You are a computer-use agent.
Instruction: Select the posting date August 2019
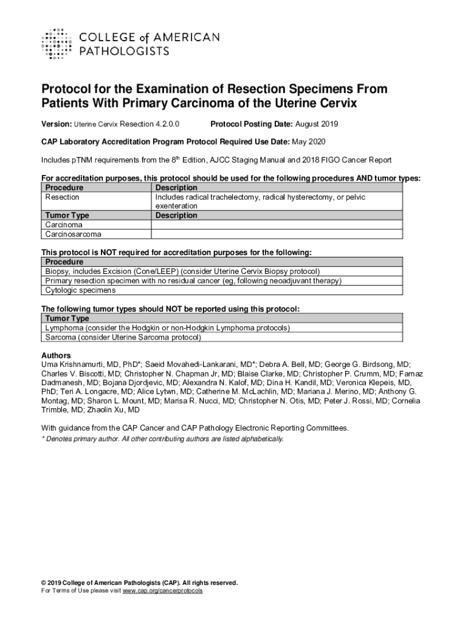click(x=317, y=125)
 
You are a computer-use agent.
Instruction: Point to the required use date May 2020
click(x=310, y=142)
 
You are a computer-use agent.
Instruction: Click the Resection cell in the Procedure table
click(x=63, y=197)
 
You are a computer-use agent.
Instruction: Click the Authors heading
click(x=56, y=355)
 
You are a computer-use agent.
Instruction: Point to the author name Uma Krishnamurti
click(x=72, y=364)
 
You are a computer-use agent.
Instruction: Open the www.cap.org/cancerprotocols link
click(x=162, y=590)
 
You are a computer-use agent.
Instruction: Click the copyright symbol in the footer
click(x=44, y=583)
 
